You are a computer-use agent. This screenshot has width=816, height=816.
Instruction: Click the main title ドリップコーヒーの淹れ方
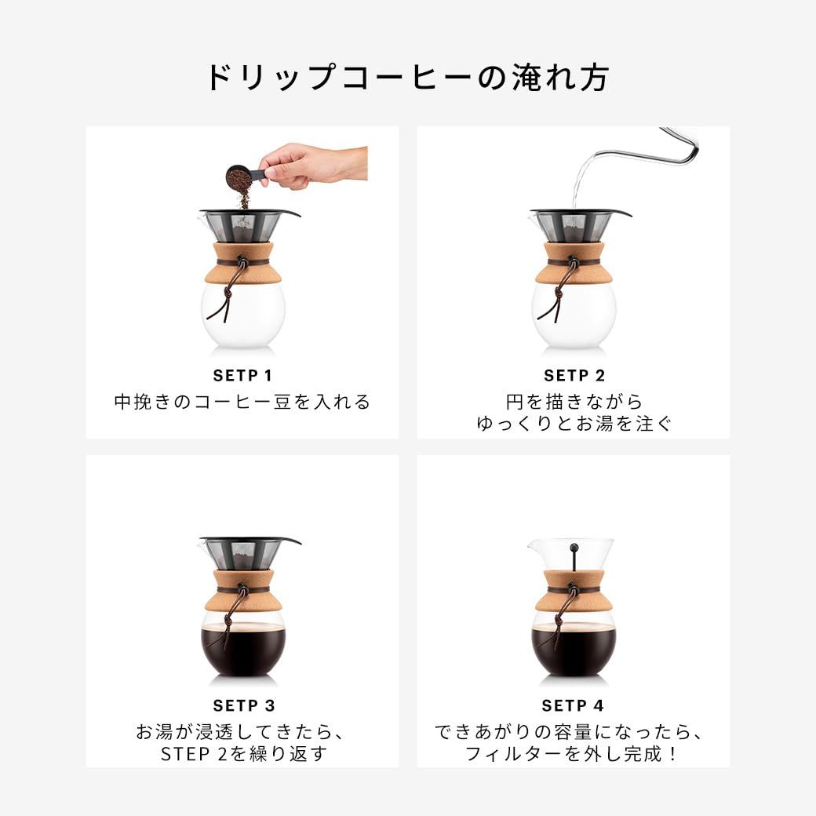coord(407,78)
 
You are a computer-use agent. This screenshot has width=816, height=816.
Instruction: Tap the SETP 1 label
coord(242,376)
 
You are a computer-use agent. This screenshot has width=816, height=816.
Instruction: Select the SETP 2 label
coord(574,376)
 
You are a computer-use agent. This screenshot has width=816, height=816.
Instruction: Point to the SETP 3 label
coord(242,705)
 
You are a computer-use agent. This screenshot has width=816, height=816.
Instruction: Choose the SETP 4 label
coord(574,705)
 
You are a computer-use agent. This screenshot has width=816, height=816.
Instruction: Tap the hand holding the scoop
coord(314,165)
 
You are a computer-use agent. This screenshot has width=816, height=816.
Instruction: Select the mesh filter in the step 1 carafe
coord(242,228)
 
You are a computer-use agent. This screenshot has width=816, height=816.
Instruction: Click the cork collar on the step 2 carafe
coord(574,263)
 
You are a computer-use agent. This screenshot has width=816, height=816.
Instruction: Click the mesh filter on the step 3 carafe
coord(242,553)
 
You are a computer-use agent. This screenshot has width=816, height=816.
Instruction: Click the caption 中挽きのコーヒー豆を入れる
coord(242,403)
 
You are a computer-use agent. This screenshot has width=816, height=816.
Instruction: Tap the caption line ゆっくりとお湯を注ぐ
coord(574,424)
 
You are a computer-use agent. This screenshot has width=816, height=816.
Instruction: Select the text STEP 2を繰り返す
coord(242,754)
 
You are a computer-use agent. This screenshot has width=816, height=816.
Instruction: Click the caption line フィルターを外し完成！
coord(574,754)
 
